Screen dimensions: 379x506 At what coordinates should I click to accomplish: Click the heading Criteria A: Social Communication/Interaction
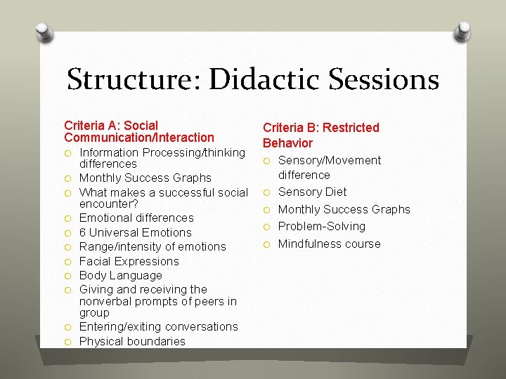click(x=138, y=131)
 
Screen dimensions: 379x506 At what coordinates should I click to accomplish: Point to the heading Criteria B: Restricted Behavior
click(x=320, y=135)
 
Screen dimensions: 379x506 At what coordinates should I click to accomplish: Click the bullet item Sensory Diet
click(x=312, y=192)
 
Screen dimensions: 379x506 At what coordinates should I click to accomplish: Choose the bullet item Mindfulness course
click(x=329, y=244)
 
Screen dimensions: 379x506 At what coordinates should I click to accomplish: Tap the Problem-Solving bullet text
click(x=321, y=226)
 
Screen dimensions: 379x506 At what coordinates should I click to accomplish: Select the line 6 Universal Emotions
click(x=135, y=232)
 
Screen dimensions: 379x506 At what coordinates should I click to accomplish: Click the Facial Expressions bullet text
click(x=129, y=261)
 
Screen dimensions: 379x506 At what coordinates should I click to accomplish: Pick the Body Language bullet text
click(x=120, y=275)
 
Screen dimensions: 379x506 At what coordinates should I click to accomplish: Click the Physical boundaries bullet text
click(x=132, y=341)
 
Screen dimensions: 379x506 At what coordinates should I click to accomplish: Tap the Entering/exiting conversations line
click(x=158, y=326)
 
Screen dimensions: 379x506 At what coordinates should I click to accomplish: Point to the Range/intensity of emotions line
click(x=153, y=246)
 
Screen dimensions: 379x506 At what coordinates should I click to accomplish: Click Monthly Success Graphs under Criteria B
click(x=344, y=209)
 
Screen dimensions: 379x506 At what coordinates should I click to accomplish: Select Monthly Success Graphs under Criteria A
click(x=145, y=178)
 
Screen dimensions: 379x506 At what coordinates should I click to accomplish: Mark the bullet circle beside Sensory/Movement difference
click(x=267, y=161)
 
